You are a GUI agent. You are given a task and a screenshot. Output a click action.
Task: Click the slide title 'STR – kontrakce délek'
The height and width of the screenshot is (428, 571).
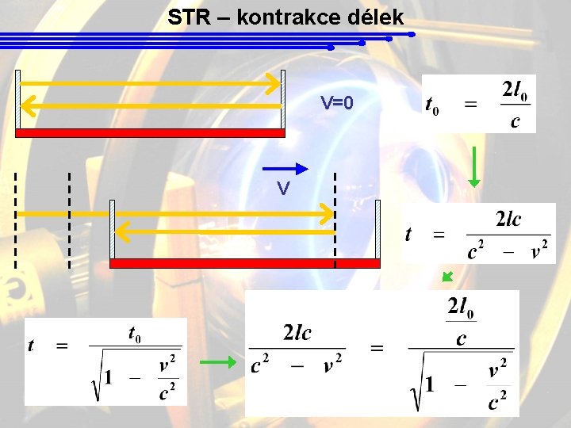coord(285,17)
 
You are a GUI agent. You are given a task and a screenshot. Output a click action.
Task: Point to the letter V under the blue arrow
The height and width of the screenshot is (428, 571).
coord(282,189)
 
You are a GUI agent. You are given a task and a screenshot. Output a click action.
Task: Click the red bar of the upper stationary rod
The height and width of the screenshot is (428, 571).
coord(151,133)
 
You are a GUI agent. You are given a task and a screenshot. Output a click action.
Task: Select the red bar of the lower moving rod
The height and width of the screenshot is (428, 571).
coord(245,263)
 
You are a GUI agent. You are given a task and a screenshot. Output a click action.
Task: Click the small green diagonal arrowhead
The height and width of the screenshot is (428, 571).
coord(447,276)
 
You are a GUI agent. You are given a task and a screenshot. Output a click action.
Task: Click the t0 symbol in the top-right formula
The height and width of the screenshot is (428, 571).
coord(433,104)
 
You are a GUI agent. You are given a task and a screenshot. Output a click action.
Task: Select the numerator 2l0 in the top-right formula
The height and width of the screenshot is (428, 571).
coord(515,90)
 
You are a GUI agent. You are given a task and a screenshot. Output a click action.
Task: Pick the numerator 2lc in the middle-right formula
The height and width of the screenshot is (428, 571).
coord(508,220)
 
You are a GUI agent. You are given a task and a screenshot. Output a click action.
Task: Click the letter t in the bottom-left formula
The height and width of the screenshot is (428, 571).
coord(31,345)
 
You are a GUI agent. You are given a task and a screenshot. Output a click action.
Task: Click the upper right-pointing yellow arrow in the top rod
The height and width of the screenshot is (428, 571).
coord(151,82)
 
